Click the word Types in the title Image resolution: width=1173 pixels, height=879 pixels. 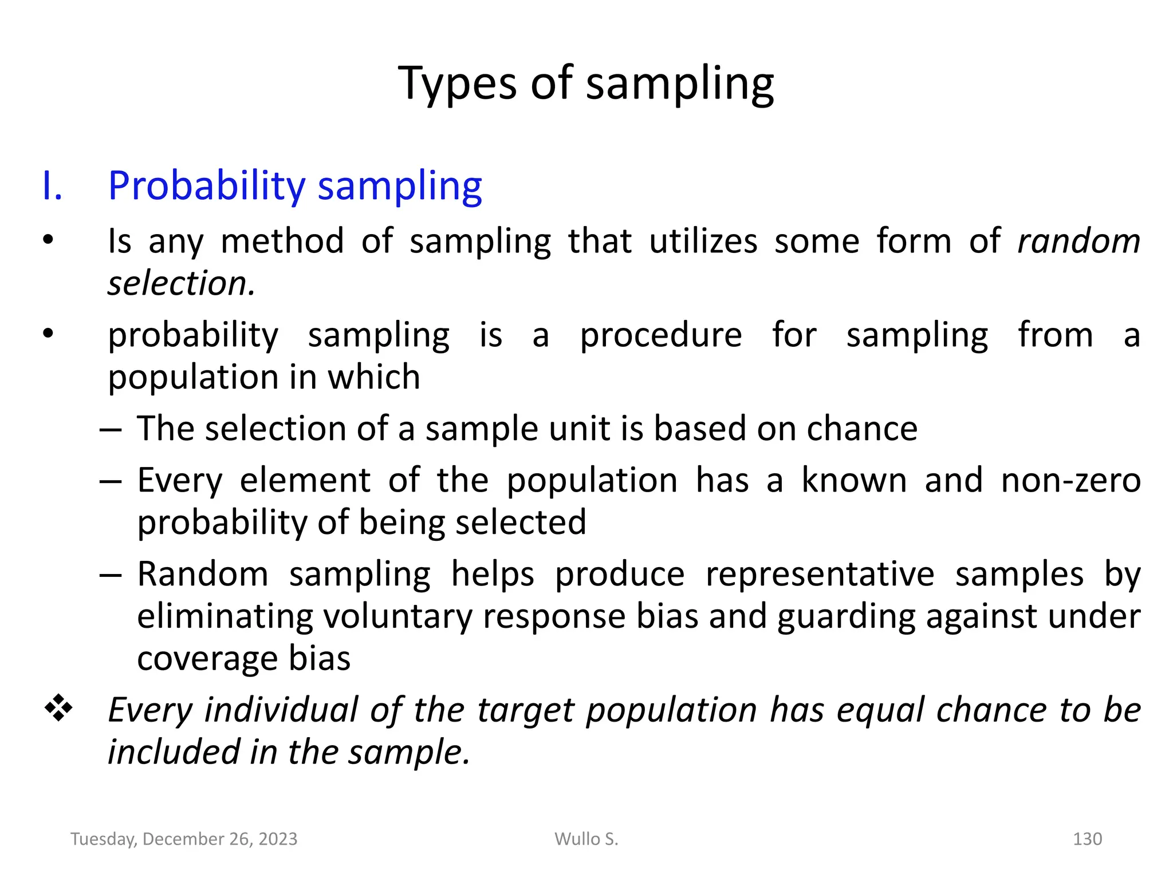click(457, 84)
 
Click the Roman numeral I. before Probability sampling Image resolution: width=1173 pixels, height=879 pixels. click(52, 186)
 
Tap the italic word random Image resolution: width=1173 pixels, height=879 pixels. click(1078, 241)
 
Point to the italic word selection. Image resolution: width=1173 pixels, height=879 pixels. click(181, 283)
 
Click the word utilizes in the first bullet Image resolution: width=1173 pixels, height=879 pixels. click(703, 241)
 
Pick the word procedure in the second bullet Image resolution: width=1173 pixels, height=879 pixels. click(661, 335)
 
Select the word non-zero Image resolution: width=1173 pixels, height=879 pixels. click(1070, 480)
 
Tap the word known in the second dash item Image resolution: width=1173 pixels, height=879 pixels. click(853, 480)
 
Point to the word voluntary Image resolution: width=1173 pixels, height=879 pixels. click(397, 616)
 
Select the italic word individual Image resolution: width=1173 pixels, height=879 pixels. click(281, 710)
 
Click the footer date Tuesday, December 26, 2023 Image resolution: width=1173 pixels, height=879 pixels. click(184, 839)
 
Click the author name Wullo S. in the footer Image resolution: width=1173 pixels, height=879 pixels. click(586, 839)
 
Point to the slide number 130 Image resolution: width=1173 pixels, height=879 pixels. click(1087, 839)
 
